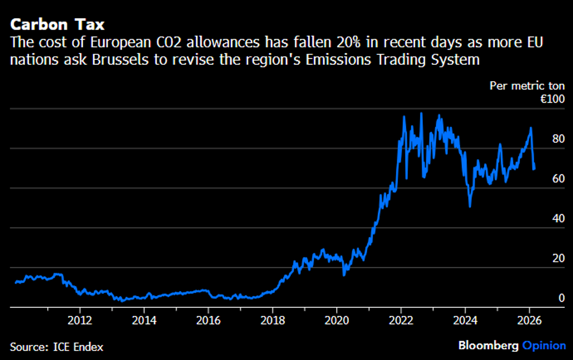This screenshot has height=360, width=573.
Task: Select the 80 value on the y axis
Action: click(x=558, y=139)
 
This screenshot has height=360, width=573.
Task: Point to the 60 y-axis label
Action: click(x=558, y=179)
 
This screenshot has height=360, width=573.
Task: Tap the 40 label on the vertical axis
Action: click(x=558, y=219)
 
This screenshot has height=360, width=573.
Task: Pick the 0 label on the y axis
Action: click(x=562, y=298)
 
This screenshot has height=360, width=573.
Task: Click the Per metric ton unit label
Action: click(x=528, y=86)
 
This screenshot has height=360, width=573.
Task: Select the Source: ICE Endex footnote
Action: click(x=56, y=347)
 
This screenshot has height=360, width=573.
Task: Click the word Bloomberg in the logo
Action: click(x=488, y=346)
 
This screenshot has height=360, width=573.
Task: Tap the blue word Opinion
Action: click(x=544, y=346)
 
